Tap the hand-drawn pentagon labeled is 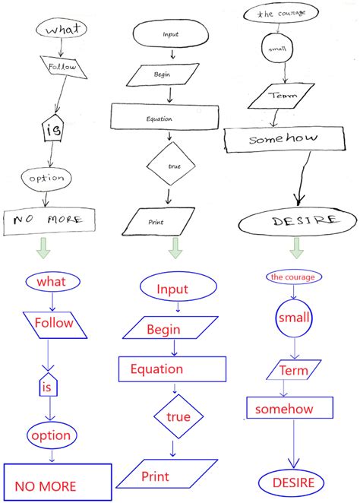pyautogui.click(x=52, y=130)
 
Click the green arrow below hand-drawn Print pyautogui.click(x=175, y=248)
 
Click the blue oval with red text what pyautogui.click(x=52, y=282)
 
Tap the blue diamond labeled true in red pyautogui.click(x=178, y=417)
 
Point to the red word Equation pyautogui.click(x=156, y=369)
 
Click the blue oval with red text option pyautogui.click(x=50, y=435)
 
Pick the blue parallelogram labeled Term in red pyautogui.click(x=291, y=370)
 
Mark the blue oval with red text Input pyautogui.click(x=172, y=289)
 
